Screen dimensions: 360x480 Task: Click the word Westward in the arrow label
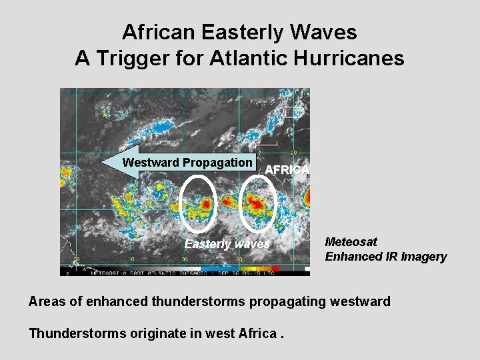point(151,163)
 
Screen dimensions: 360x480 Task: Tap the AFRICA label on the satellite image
point(287,170)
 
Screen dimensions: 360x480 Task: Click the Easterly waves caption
point(227,244)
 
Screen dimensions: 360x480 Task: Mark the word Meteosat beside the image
point(351,242)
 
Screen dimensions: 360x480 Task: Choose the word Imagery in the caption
point(423,257)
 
